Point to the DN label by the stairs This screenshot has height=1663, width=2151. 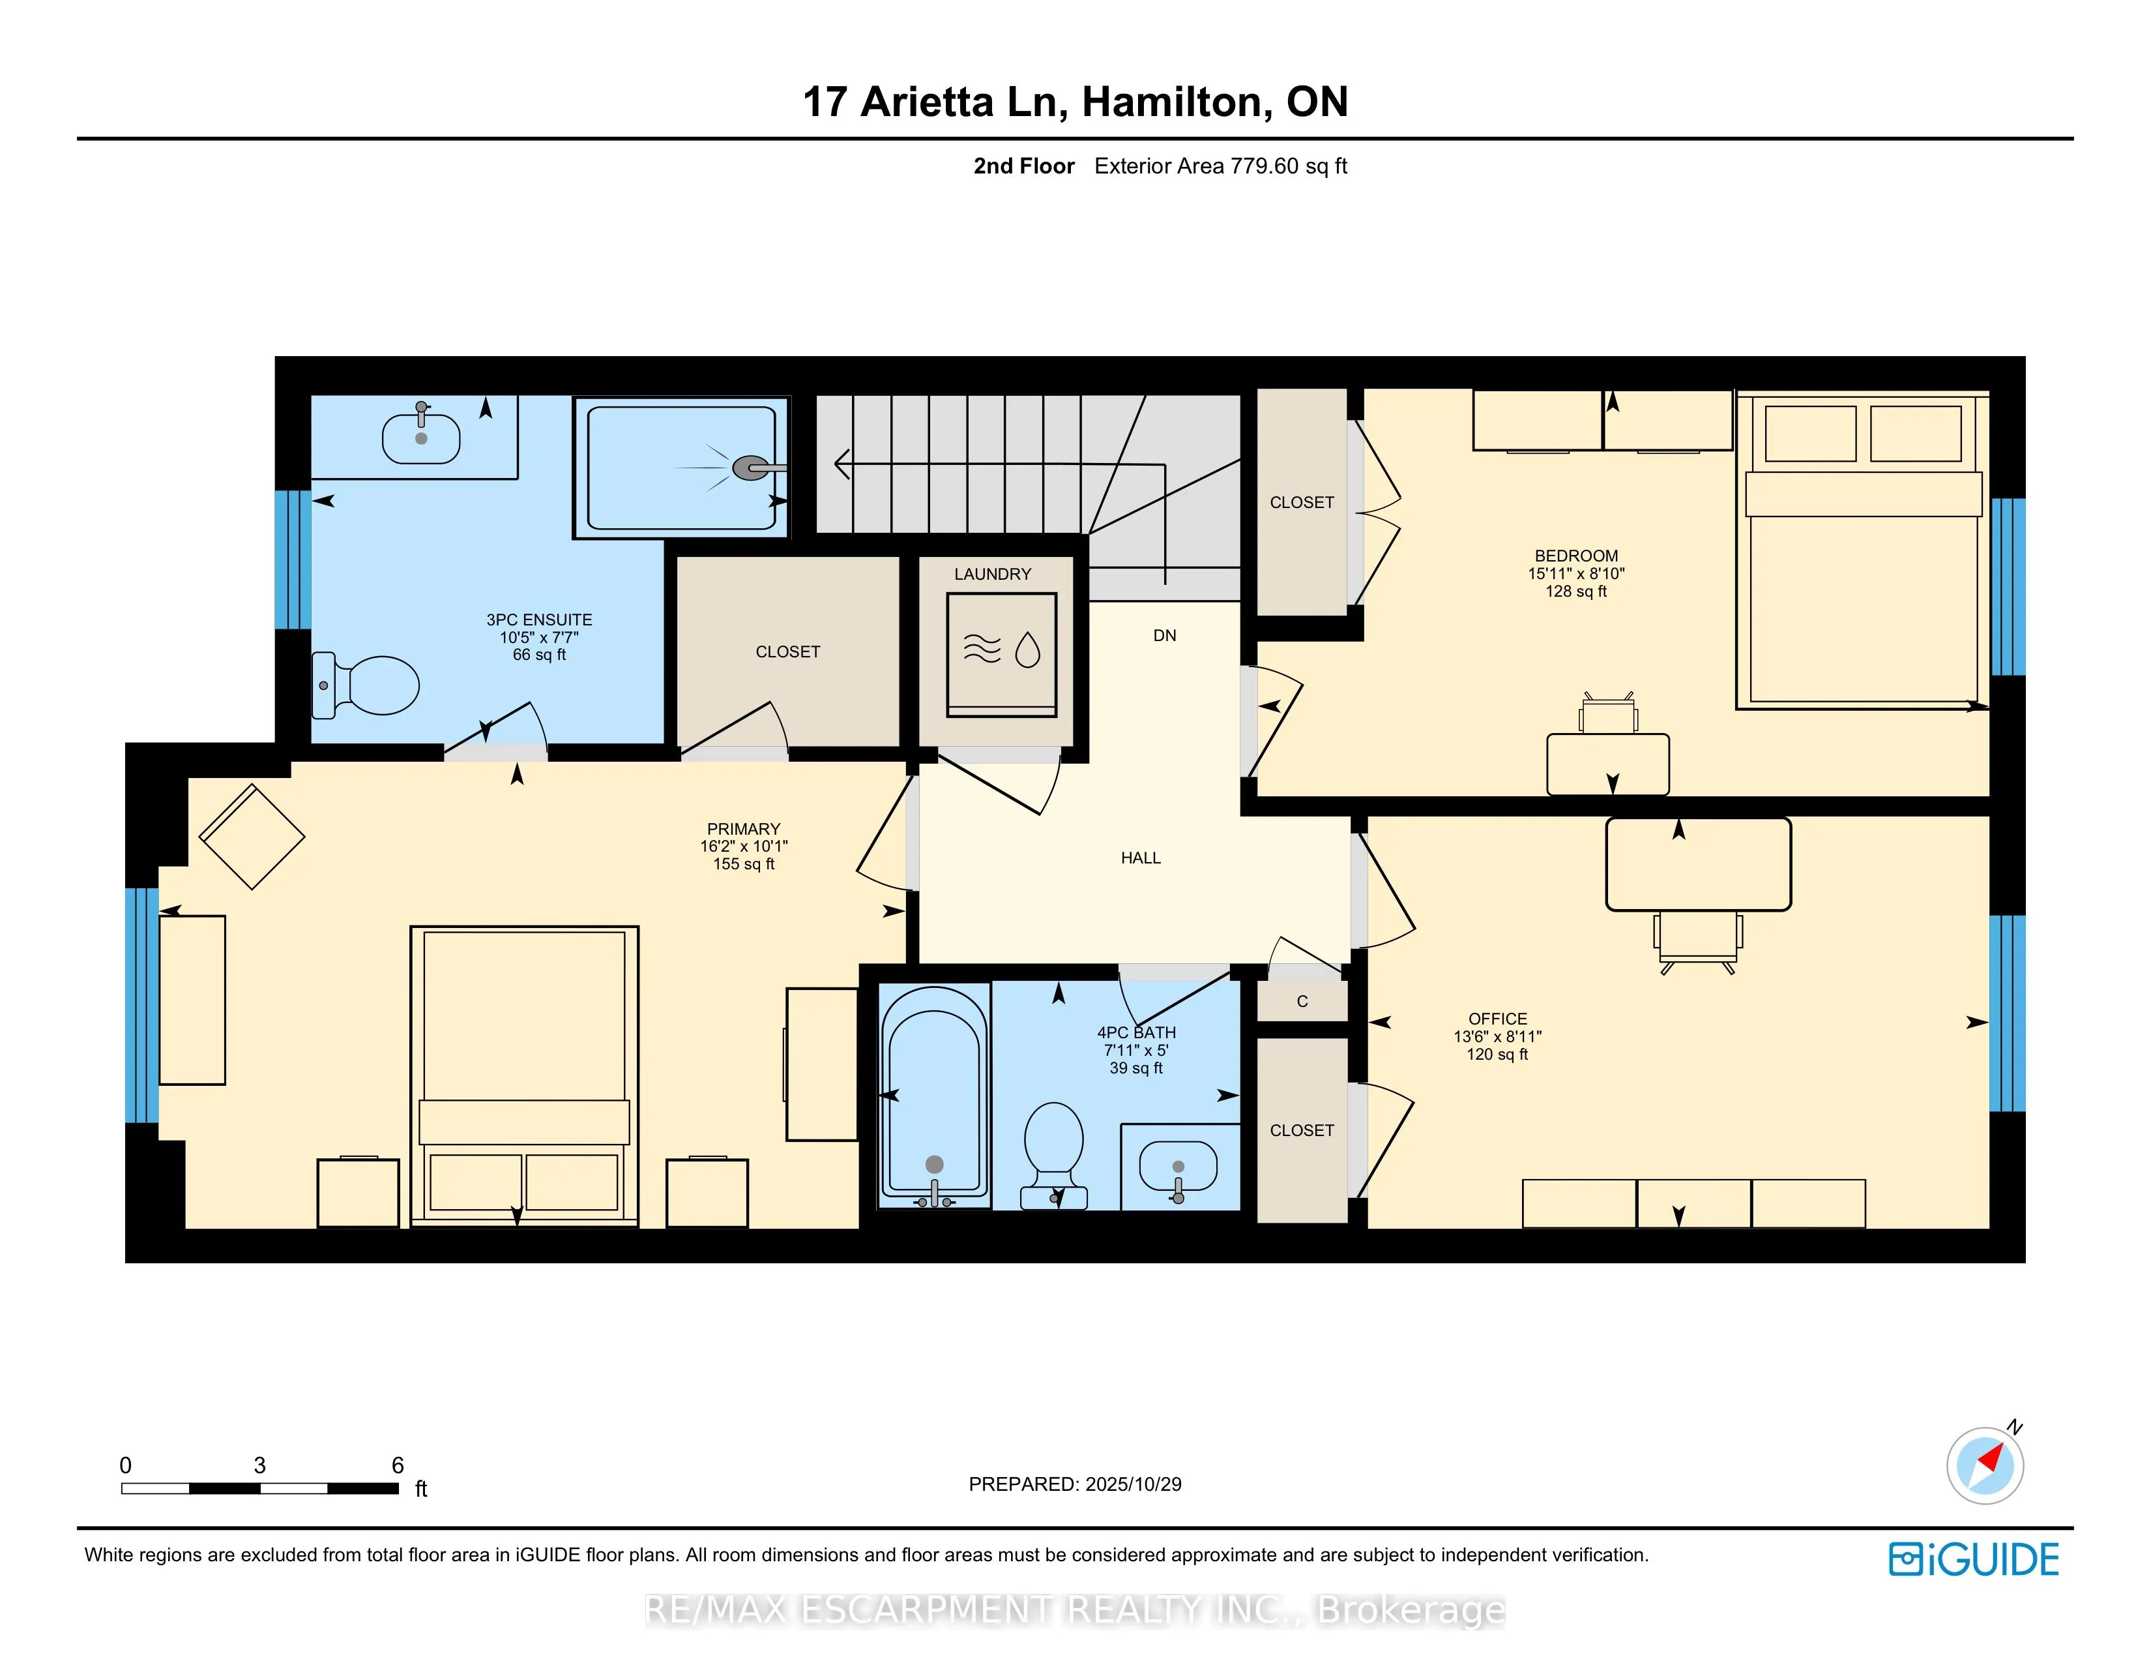pos(1164,635)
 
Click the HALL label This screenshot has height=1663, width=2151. pos(1141,858)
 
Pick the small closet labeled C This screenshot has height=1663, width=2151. pos(1302,1002)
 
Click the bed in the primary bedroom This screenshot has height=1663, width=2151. pos(524,1074)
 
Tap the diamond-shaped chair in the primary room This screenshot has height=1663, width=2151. pos(252,837)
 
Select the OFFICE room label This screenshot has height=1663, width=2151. pos(1497,1019)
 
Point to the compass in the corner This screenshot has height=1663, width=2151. pos(1985,1465)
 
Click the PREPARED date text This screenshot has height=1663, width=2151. pos(1074,1484)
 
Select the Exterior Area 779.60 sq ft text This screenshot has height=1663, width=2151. pos(1220,166)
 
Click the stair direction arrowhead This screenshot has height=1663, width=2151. pos(841,463)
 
